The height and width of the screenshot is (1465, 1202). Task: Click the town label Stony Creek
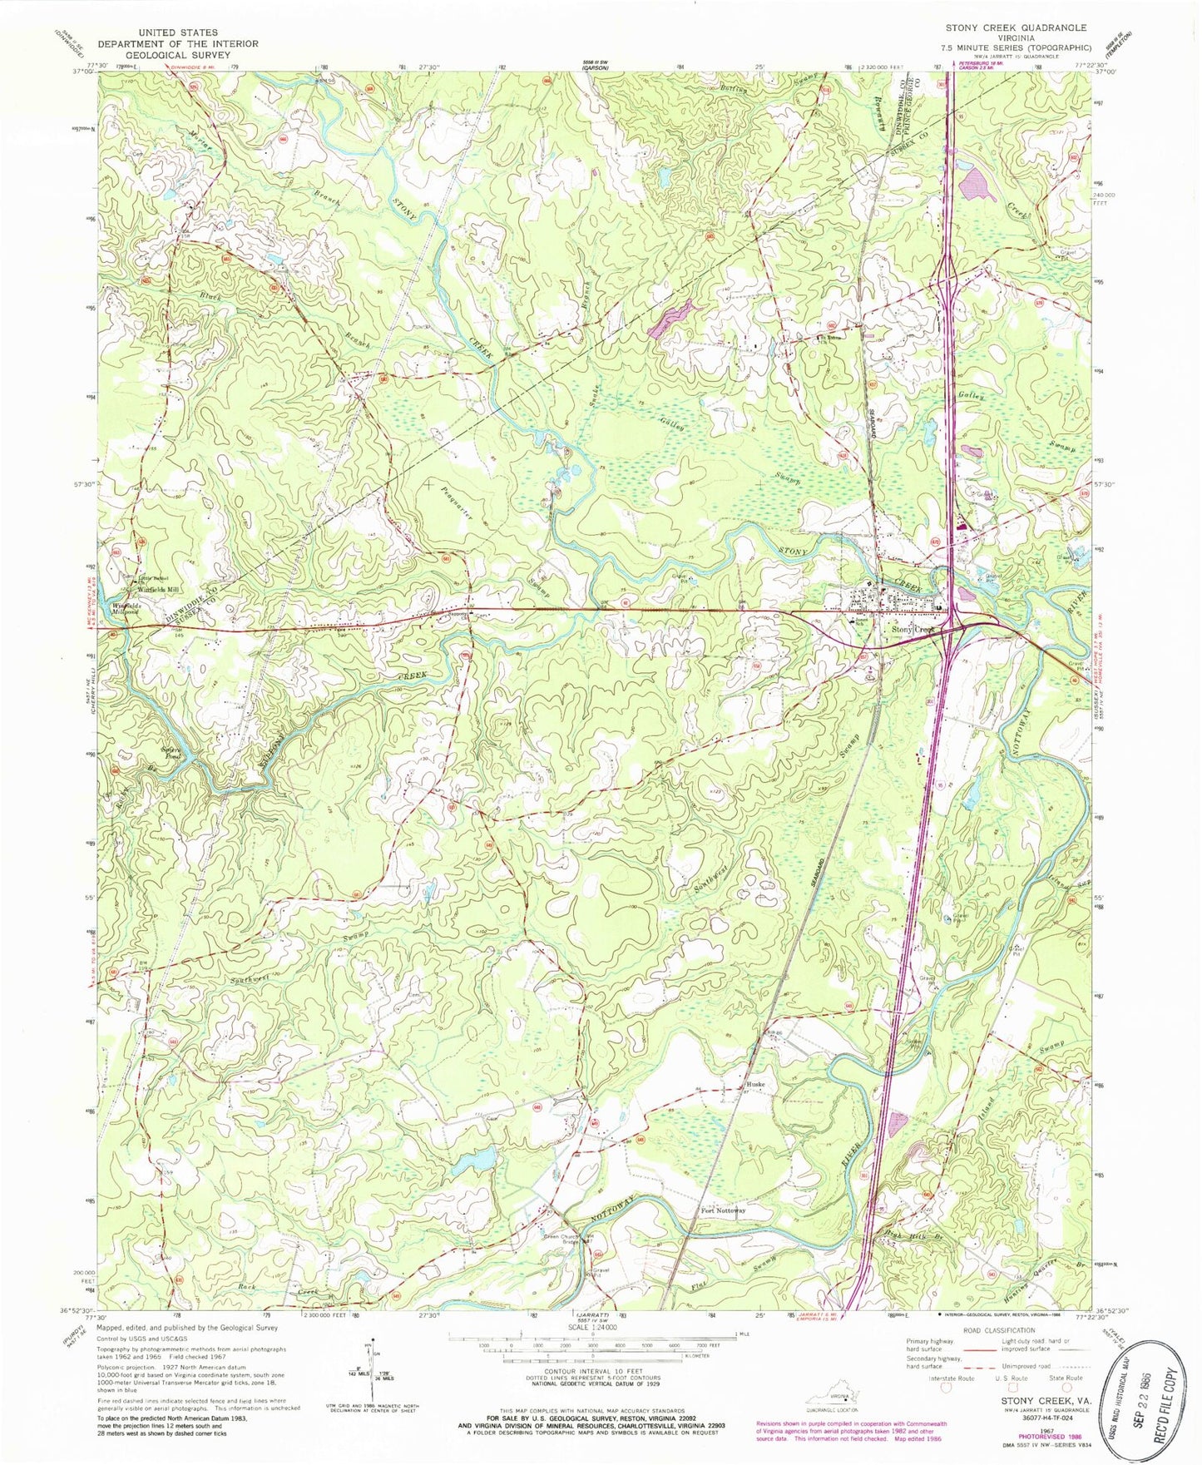913,630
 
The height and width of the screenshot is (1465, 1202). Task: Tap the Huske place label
755,1085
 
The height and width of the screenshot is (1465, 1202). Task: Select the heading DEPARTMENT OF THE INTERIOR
178,44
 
